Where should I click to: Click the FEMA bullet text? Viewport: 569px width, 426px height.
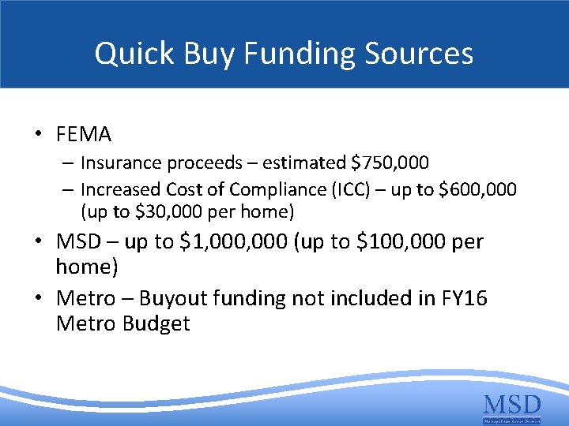click(x=84, y=135)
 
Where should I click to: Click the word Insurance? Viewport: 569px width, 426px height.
click(x=118, y=163)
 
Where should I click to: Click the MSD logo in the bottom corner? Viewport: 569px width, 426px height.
click(x=512, y=408)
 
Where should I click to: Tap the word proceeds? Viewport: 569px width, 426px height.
click(x=203, y=163)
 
